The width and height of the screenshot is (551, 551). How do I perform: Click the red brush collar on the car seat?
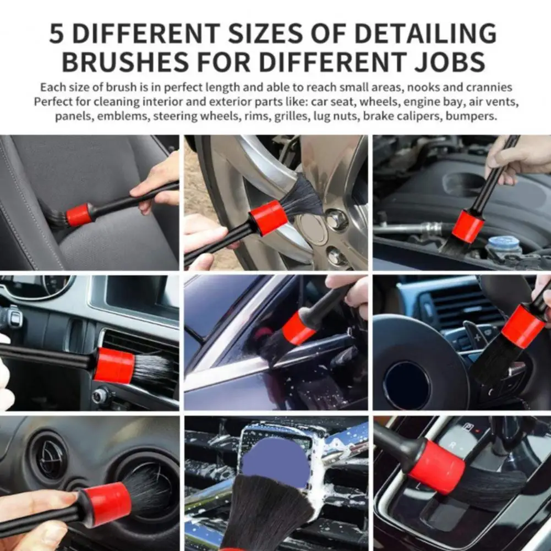coord(79,215)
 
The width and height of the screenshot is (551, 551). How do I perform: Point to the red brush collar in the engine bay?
coord(468,226)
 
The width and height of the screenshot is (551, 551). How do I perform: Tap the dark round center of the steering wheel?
coord(407,385)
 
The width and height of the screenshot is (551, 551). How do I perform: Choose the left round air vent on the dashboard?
coord(49,456)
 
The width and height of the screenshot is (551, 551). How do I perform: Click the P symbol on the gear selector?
coord(469,426)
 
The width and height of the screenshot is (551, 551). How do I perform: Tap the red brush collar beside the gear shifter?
coord(437,466)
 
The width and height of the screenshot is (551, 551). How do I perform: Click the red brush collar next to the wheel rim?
coord(269,217)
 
